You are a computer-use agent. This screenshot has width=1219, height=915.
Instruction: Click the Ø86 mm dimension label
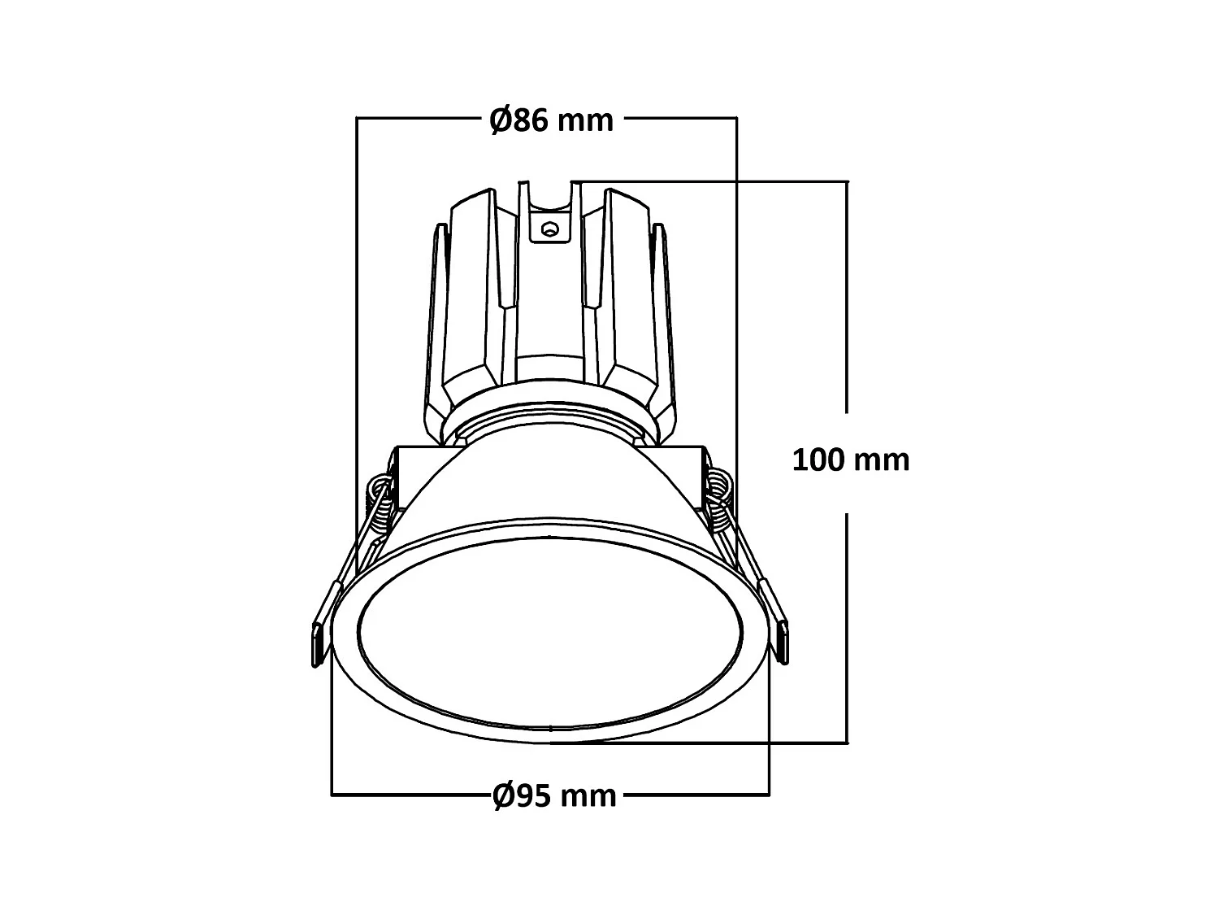[551, 120]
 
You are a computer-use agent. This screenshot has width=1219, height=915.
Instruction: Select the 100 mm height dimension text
[850, 460]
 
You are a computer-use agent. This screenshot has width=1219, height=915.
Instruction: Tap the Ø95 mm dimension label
[554, 795]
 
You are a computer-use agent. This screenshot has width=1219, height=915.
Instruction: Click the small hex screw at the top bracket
[551, 229]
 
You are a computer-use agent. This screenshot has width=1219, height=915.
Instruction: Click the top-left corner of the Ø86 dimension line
[358, 119]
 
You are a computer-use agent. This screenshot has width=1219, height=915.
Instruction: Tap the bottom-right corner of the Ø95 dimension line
[769, 795]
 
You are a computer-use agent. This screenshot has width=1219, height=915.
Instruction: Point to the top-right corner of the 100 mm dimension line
[848, 181]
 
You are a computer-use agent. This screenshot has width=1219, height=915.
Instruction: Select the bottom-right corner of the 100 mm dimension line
[848, 743]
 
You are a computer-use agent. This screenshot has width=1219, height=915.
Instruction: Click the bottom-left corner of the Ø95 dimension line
[332, 795]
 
